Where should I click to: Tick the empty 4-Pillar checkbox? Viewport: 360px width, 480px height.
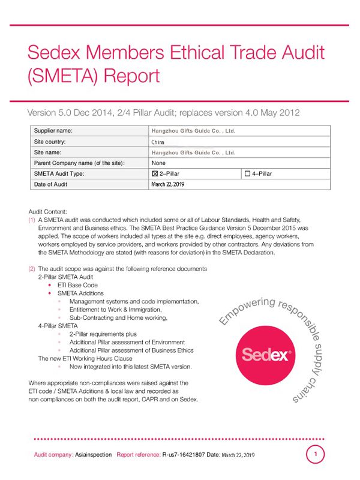click(x=248, y=174)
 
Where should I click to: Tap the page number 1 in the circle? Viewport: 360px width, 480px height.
click(x=316, y=454)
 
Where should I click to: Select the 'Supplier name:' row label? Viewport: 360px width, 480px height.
click(x=53, y=131)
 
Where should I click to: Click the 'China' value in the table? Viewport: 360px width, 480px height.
click(x=158, y=142)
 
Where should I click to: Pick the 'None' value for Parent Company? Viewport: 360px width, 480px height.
click(x=159, y=163)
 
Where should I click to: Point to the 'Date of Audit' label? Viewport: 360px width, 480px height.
click(x=51, y=185)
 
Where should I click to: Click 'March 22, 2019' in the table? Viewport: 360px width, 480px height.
click(x=169, y=185)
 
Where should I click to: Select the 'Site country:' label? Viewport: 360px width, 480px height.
click(x=50, y=142)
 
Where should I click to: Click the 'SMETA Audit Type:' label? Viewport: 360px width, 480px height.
click(x=59, y=174)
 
